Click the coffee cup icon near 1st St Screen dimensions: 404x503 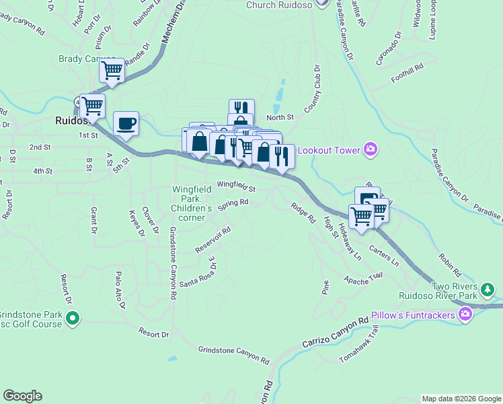[x=126, y=123]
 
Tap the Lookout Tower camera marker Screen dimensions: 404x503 [x=369, y=149]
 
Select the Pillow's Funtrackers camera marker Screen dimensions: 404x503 [x=465, y=314]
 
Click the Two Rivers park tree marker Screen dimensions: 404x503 [x=488, y=290]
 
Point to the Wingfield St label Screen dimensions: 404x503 [x=236, y=185]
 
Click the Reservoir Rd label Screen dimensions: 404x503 [x=213, y=239]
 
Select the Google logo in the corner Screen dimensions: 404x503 [x=22, y=396]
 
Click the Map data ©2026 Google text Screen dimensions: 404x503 [x=461, y=399]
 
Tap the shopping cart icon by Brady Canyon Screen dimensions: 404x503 [x=112, y=69]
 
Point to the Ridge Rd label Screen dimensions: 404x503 [x=303, y=213]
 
